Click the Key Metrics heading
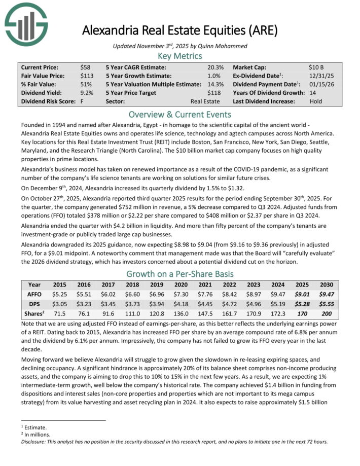[x=180, y=56]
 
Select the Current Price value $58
[x=85, y=67]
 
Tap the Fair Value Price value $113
[x=87, y=76]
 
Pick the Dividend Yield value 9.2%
[x=87, y=93]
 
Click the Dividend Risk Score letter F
[x=82, y=101]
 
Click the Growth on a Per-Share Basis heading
[x=180, y=274]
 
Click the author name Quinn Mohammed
[x=223, y=46]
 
